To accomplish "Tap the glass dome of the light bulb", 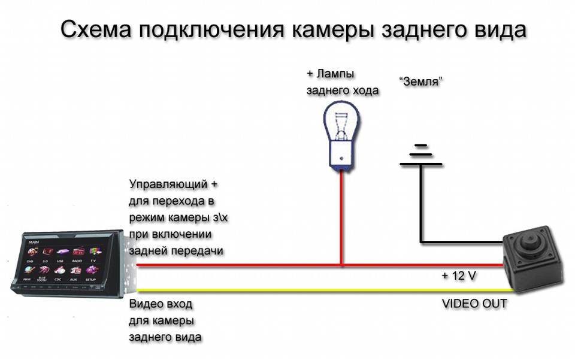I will coord(341,126).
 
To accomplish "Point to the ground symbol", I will coord(422,155).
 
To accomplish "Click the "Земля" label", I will coord(420,81).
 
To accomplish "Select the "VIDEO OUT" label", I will coord(474,304).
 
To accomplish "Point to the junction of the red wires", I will coord(341,264).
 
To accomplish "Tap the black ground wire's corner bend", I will coord(422,243).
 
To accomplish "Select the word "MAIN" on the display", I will coord(34,242).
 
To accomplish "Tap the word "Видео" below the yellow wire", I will coord(146,304).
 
